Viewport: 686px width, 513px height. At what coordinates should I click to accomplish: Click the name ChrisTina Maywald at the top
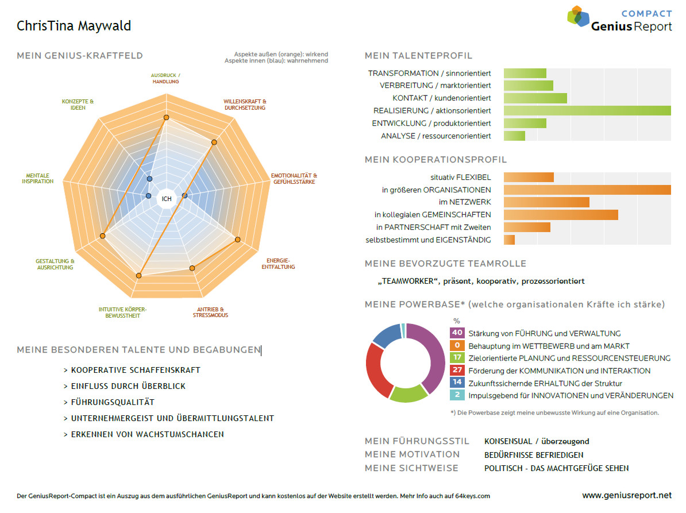pos(74,26)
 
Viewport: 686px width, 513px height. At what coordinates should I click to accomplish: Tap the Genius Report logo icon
pos(577,16)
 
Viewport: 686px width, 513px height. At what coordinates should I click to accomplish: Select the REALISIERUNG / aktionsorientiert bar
pos(587,111)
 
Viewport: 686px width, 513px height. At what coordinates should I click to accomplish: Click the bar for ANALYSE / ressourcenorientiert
pos(514,136)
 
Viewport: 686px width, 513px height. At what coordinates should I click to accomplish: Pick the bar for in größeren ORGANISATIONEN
pos(587,190)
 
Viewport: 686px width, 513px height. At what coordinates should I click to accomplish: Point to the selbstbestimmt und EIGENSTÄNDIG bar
pos(509,240)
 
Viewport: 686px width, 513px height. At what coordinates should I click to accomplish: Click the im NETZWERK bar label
pos(465,202)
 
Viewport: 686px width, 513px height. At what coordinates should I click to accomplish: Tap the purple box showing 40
pos(457,333)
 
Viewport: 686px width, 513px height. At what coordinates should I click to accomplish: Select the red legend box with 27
pos(457,371)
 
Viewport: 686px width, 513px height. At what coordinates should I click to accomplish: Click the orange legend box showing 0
pos(457,345)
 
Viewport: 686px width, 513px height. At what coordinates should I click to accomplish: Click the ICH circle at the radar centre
pos(167,199)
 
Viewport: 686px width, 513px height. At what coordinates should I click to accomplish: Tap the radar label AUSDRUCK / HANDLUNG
pos(165,78)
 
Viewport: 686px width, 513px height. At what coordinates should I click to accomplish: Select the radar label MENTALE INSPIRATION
pos(38,178)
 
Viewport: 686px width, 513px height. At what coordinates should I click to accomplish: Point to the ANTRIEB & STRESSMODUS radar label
pos(210,312)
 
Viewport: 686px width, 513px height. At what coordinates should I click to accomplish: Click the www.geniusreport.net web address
pos(626,495)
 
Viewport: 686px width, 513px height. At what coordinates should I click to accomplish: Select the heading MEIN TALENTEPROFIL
pos(418,56)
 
